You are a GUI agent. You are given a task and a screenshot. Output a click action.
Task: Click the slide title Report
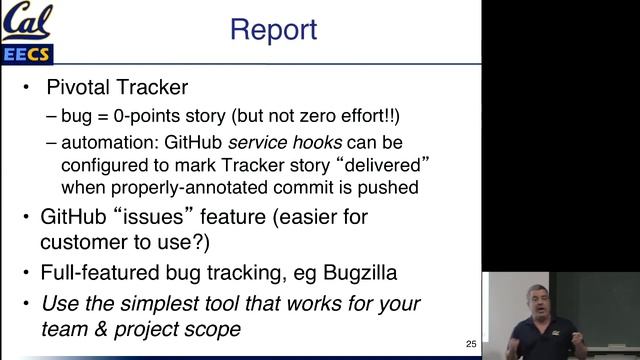[273, 29]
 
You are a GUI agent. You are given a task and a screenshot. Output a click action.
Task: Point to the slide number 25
[471, 344]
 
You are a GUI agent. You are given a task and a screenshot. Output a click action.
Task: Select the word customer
[80, 242]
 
